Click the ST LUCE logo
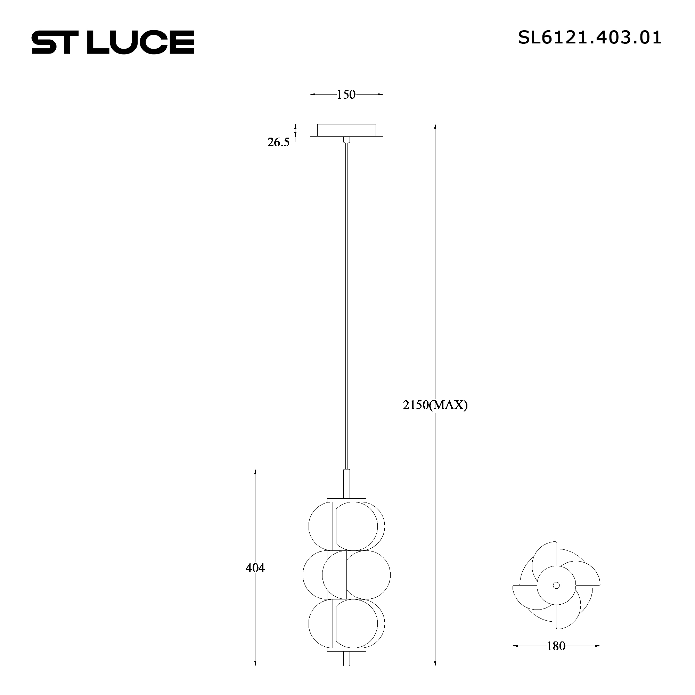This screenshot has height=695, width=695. tap(113, 42)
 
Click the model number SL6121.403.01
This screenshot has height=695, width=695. tap(589, 38)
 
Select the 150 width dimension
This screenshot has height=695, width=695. tap(346, 95)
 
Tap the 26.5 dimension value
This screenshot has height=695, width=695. tap(278, 142)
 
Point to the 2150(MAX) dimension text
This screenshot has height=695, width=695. tap(435, 406)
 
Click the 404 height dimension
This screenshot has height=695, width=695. tap(255, 568)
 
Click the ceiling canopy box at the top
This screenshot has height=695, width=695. tap(346, 130)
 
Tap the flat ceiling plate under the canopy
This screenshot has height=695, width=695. tap(346, 136)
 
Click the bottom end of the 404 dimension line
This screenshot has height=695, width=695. tap(255, 674)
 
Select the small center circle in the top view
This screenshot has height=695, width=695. tap(556, 585)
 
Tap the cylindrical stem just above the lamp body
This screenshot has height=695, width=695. tap(346, 484)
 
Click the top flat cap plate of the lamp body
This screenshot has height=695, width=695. tap(346, 500)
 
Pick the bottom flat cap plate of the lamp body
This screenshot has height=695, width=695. tap(346, 660)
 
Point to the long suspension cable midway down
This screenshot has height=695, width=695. tap(346, 306)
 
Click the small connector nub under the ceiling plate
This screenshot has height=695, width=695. tap(346, 140)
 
